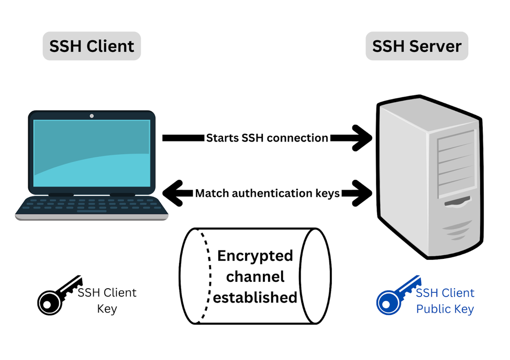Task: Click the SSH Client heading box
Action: point(92,46)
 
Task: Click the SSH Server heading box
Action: point(416,46)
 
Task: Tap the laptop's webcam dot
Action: point(92,116)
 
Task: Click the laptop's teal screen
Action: point(92,152)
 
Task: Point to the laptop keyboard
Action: point(92,206)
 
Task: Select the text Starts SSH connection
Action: point(267,138)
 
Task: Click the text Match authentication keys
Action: point(267,193)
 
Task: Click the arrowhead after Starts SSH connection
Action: point(361,138)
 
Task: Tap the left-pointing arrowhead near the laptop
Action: point(173,193)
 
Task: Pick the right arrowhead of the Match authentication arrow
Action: point(361,193)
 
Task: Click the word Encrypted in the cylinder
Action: point(255,256)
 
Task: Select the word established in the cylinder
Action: point(255,298)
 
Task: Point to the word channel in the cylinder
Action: point(255,277)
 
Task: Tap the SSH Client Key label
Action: point(107,300)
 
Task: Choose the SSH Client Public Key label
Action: point(445,301)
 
